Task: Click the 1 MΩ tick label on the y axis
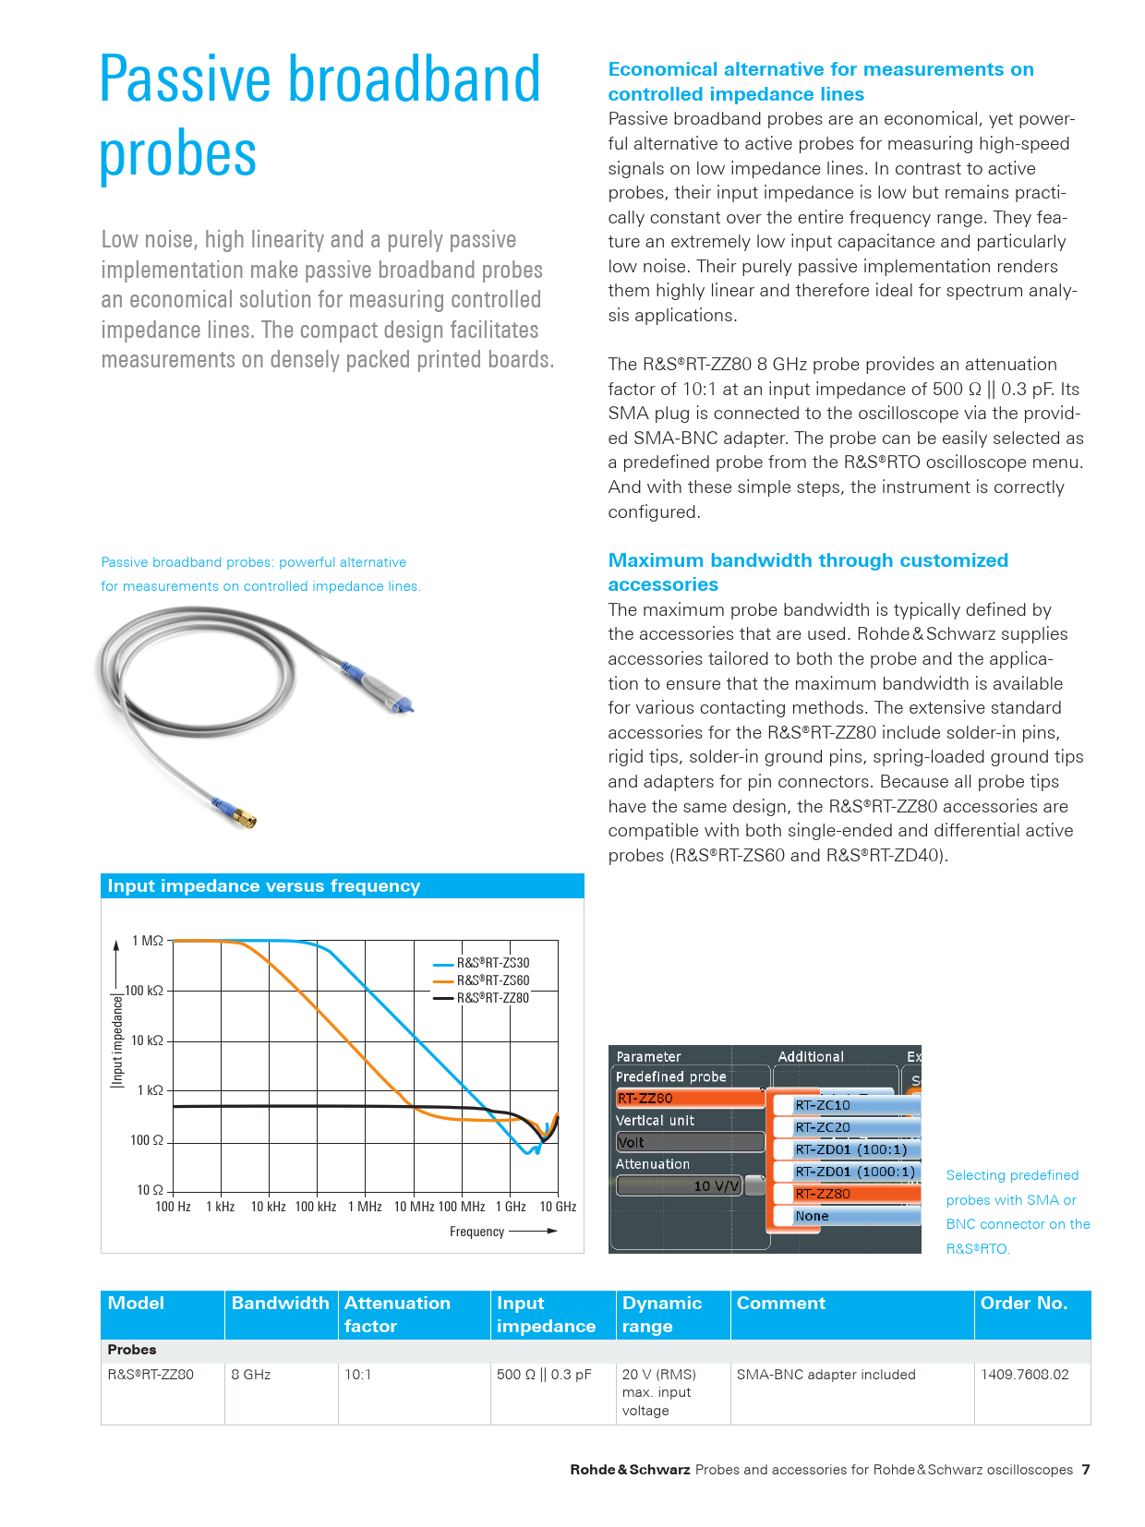(x=148, y=941)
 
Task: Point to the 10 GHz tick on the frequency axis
(x=558, y=1207)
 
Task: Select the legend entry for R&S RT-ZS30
(x=492, y=963)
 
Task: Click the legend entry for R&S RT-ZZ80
(x=492, y=998)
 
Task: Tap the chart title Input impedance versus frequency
(x=264, y=886)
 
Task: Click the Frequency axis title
(x=476, y=1232)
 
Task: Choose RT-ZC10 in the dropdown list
(x=823, y=1105)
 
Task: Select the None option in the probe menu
(x=813, y=1216)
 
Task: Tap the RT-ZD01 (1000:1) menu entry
(x=854, y=1172)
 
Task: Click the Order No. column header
(x=1023, y=1304)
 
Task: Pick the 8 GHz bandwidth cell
(x=251, y=1375)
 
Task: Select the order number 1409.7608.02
(x=1024, y=1375)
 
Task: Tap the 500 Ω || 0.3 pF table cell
(x=544, y=1375)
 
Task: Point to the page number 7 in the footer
(x=1086, y=1470)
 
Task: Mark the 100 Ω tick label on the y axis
(x=147, y=1140)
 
